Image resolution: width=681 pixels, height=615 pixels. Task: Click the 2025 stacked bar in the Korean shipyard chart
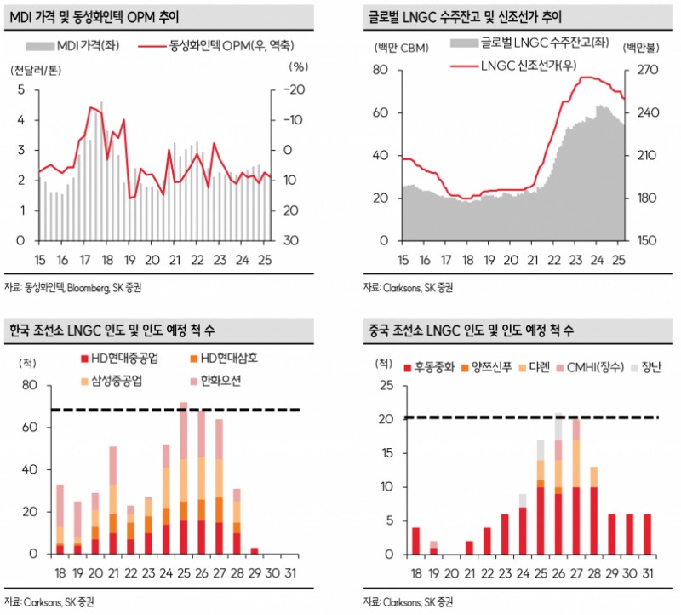(183, 478)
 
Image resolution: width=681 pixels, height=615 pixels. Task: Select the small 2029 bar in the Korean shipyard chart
(255, 550)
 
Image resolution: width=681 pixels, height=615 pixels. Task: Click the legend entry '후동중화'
(429, 368)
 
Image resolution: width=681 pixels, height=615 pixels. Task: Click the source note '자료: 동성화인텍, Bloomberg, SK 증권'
(73, 287)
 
